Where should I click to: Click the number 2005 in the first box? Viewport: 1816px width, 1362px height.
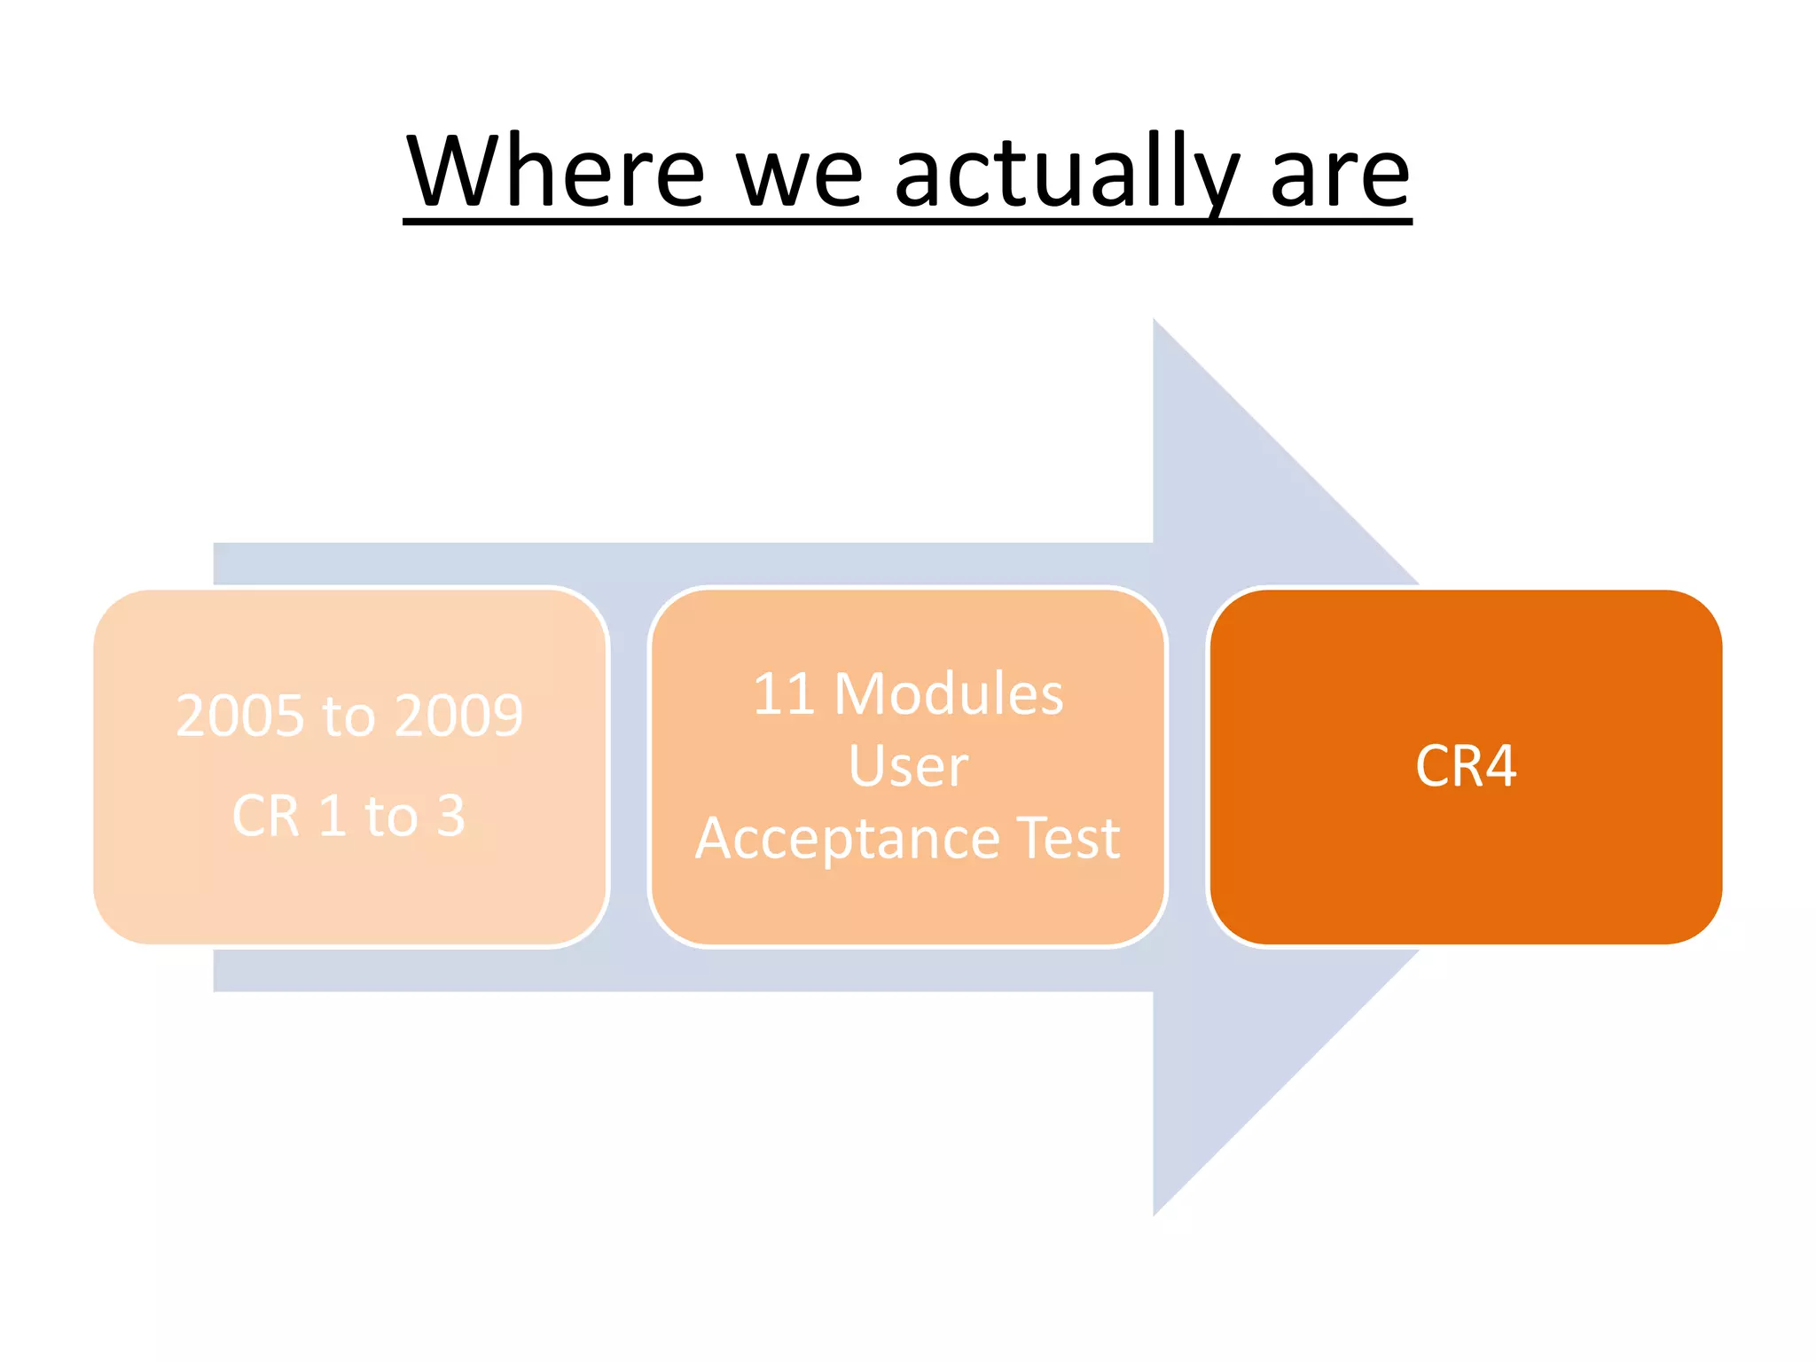point(240,716)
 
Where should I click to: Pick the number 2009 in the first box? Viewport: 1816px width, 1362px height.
point(458,716)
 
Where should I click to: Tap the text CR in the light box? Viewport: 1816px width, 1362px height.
point(265,816)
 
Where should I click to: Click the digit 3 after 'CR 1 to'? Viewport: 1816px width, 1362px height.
point(451,816)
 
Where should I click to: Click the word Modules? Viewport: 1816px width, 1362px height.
point(949,693)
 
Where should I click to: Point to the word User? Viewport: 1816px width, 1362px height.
point(908,766)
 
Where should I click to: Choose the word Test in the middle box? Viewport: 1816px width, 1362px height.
point(1068,839)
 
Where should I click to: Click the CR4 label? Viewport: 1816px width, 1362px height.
point(1466,766)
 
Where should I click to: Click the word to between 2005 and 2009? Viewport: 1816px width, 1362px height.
point(348,716)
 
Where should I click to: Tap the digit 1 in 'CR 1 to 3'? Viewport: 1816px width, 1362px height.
point(331,816)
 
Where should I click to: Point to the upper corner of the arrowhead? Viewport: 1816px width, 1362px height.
point(1155,321)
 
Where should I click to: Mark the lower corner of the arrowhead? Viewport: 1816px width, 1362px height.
point(1155,1213)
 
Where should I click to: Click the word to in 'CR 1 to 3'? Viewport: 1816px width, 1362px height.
point(391,816)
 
